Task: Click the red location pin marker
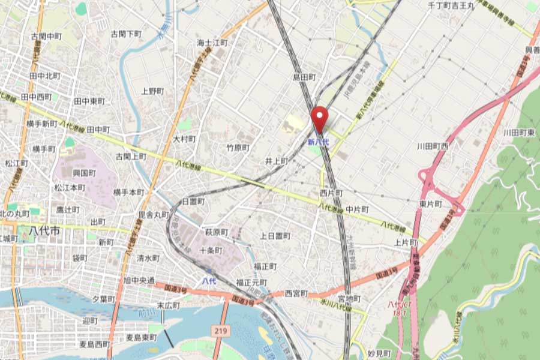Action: pos(319,117)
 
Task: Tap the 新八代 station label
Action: pos(318,142)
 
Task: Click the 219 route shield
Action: pos(219,331)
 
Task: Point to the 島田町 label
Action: pos(304,77)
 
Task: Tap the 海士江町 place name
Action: pos(213,43)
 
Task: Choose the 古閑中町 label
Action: pos(46,37)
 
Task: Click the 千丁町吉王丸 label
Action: pos(451,5)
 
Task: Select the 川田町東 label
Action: pos(519,132)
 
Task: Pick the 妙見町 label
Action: pos(379,353)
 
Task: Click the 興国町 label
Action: pos(85,173)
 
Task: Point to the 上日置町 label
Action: pos(275,236)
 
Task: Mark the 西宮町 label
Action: pos(296,293)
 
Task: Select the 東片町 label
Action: pos(431,204)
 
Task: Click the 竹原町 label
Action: pos(238,147)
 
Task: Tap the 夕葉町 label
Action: pos(104,298)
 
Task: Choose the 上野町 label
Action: pos(152,91)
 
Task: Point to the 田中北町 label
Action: pos(45,76)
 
